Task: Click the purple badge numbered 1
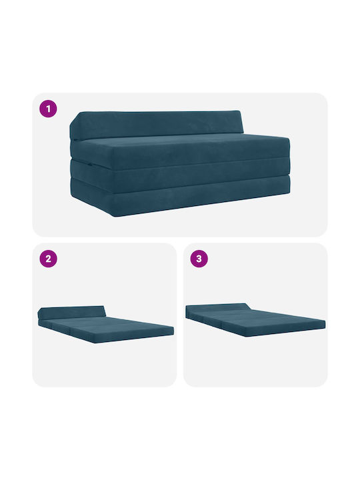pos(48,109)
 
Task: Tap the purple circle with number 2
pos(48,259)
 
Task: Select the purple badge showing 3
pos(199,259)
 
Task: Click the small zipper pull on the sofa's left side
pos(90,165)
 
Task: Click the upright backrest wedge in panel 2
pos(72,311)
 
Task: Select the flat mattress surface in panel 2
pos(110,327)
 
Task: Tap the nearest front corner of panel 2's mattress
pos(95,341)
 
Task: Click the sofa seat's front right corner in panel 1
pos(289,139)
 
